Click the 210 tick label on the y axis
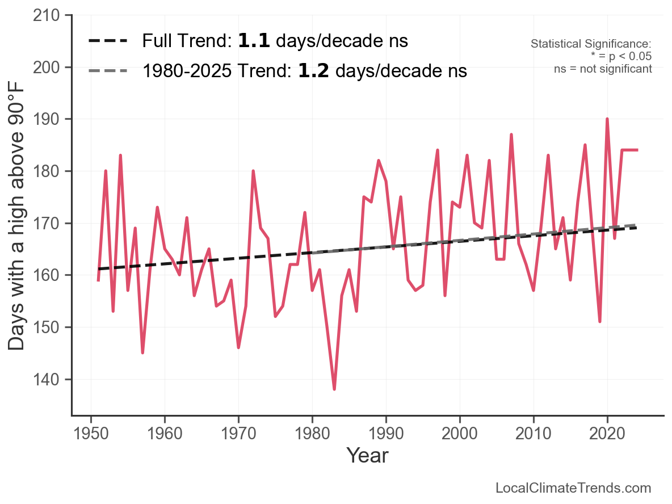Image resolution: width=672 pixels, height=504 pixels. click(x=47, y=15)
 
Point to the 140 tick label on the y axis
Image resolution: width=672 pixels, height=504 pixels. click(x=47, y=379)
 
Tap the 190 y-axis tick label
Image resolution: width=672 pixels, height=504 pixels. click(x=47, y=119)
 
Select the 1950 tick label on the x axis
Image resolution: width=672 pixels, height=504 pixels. click(x=91, y=434)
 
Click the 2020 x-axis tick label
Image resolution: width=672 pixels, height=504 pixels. click(x=607, y=434)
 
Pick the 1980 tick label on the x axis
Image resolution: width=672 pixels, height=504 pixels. click(x=312, y=434)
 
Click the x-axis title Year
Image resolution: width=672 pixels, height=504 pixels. click(x=367, y=455)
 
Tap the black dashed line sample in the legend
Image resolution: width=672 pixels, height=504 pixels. click(x=108, y=41)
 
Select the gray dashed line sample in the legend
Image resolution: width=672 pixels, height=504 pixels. click(x=108, y=71)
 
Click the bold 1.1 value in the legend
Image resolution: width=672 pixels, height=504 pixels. click(x=254, y=41)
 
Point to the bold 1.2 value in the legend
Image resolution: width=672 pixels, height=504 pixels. click(x=313, y=71)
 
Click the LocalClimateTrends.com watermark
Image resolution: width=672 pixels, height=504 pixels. click(x=573, y=488)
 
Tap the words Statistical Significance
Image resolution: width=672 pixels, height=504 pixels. click(x=591, y=44)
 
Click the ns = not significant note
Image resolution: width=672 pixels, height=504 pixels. click(x=603, y=69)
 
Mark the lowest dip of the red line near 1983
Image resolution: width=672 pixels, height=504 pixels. click(x=334, y=389)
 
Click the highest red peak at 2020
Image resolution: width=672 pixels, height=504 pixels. click(x=607, y=119)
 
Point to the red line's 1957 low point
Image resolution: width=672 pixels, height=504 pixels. click(x=142, y=352)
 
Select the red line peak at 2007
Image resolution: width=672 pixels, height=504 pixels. click(x=511, y=135)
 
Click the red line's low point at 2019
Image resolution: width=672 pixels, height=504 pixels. click(x=600, y=321)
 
